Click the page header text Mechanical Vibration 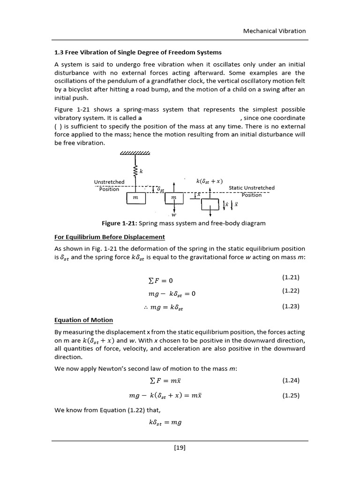pyautogui.click(x=274, y=31)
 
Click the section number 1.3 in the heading pyautogui.click(x=59, y=52)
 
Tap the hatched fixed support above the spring pyautogui.click(x=135, y=153)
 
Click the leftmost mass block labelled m pyautogui.click(x=135, y=198)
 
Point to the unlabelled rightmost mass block pyautogui.click(x=210, y=204)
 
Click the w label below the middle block pyautogui.click(x=174, y=215)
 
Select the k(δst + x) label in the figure pyautogui.click(x=210, y=181)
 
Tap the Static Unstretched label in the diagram pyautogui.click(x=251, y=188)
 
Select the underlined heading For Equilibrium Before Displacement pyautogui.click(x=110, y=237)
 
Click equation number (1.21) pyautogui.click(x=291, y=277)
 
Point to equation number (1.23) pyautogui.click(x=291, y=307)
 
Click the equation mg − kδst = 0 pyautogui.click(x=171, y=294)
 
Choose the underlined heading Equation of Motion pyautogui.click(x=83, y=320)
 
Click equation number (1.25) pyautogui.click(x=291, y=396)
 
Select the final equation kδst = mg pyautogui.click(x=165, y=422)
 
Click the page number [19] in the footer pyautogui.click(x=180, y=448)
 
